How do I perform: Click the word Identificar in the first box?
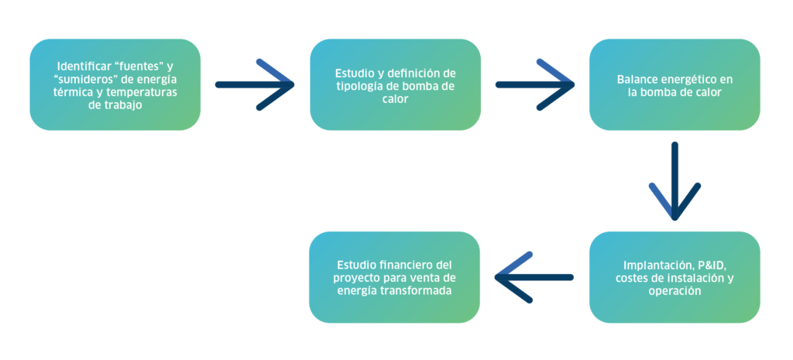pyautogui.click(x=80, y=67)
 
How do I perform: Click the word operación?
pyautogui.click(x=675, y=292)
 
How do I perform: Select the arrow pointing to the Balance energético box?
pyautogui.click(x=535, y=84)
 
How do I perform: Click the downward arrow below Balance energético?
pyautogui.click(x=675, y=181)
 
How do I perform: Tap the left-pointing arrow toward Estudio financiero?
pyautogui.click(x=534, y=277)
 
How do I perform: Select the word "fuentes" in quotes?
pyautogui.click(x=142, y=67)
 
